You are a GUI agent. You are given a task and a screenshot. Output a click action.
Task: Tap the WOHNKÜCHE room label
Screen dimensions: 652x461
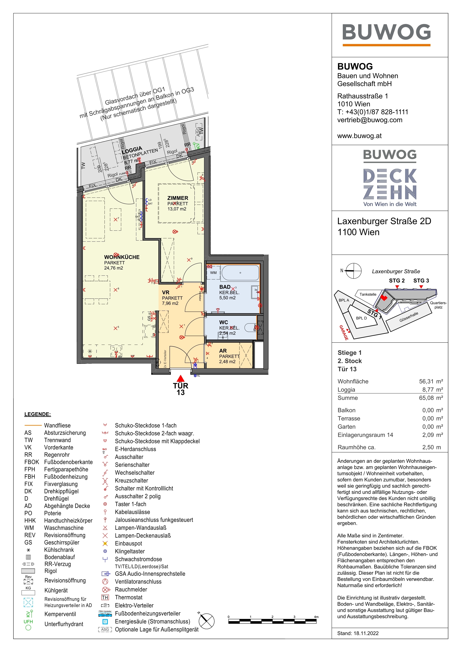(122, 257)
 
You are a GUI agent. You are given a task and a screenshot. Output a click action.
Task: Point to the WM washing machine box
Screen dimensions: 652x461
(213, 273)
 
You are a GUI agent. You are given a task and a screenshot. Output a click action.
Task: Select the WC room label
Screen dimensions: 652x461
(224, 322)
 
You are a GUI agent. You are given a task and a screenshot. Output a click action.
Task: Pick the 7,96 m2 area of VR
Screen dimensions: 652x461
(170, 303)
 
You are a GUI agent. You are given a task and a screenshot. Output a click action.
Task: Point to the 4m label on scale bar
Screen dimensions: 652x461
(316, 617)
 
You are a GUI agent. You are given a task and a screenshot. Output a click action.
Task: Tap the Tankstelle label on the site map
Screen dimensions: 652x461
(368, 294)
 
